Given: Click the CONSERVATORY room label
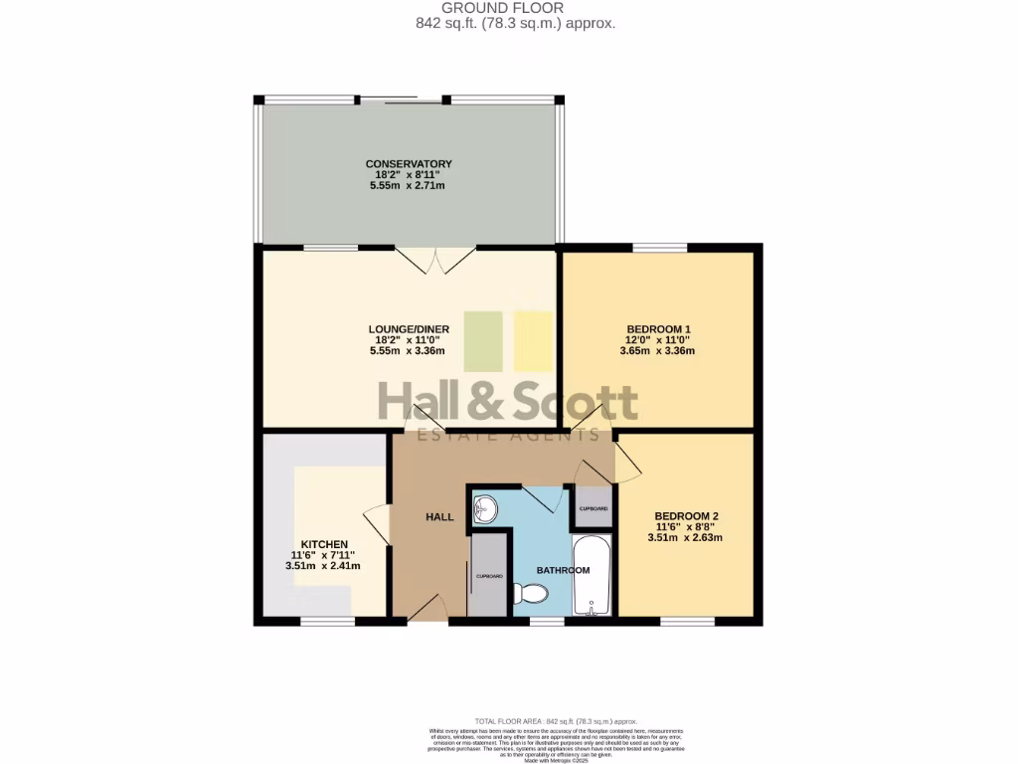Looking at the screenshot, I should (409, 164).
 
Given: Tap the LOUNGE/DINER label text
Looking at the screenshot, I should (409, 329).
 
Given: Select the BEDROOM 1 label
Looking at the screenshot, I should (658, 329).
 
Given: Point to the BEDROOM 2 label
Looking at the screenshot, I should (686, 516).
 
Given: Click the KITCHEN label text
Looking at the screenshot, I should (324, 544).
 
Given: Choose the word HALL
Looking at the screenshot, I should (439, 517).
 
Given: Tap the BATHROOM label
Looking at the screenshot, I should (564, 570).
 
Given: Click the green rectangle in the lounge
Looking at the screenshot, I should (483, 341).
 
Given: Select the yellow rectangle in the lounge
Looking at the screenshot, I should (533, 341).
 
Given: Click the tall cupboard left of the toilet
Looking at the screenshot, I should (488, 575).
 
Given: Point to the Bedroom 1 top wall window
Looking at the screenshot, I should (658, 246).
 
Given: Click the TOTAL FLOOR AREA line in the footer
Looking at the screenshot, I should (557, 721).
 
